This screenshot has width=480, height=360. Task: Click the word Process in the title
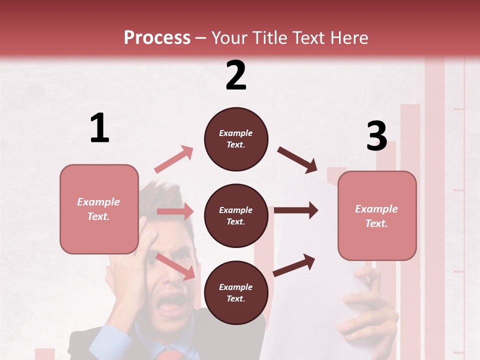[x=157, y=37]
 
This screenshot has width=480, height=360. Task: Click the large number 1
[x=99, y=128]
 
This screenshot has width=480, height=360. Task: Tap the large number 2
[x=236, y=75]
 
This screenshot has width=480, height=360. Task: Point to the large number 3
[x=376, y=136]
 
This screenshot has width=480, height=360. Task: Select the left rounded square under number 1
[x=99, y=209]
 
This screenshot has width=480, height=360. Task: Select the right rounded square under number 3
[x=377, y=215]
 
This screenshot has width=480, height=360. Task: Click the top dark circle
[x=236, y=139]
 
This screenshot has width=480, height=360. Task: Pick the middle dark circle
[x=236, y=215]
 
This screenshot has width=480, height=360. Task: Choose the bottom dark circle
[x=236, y=292]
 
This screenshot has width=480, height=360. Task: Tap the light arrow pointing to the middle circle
[x=175, y=211]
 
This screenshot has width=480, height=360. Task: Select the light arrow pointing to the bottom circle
[x=175, y=266]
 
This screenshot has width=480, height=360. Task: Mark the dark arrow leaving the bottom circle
[x=294, y=265]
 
